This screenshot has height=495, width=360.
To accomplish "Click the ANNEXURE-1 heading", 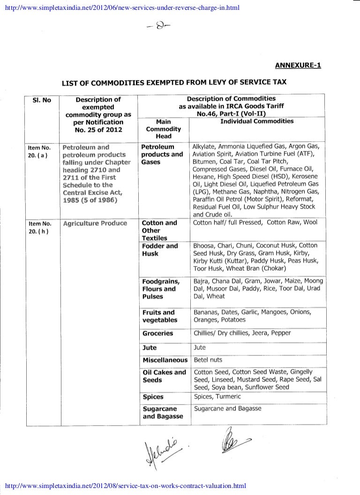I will tap(297, 65).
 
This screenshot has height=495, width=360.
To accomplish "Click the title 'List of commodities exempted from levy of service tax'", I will tap(174, 83).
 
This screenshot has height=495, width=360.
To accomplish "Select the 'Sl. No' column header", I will tap(41, 100).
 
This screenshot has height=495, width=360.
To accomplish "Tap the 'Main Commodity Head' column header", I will tap(163, 129).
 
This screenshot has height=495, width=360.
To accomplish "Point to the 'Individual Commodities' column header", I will tap(257, 121).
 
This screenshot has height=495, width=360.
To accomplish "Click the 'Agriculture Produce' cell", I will tap(95, 223).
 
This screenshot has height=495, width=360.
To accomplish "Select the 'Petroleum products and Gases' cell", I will tap(162, 154).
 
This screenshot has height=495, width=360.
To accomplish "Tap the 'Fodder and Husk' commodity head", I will tap(159, 250).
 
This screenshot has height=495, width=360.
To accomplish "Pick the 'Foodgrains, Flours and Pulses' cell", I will tap(161, 289).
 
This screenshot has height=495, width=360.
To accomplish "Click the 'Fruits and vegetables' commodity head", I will tap(159, 316).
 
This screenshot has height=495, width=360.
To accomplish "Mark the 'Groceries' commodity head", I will tap(157, 333).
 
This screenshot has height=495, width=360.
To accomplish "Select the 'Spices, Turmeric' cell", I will tap(217, 397).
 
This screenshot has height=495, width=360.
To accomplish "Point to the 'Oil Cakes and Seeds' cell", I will tap(164, 376).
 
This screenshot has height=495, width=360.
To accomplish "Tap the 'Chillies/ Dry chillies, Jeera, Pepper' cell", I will tap(242, 333).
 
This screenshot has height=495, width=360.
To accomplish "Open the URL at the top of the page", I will tap(120, 7).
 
